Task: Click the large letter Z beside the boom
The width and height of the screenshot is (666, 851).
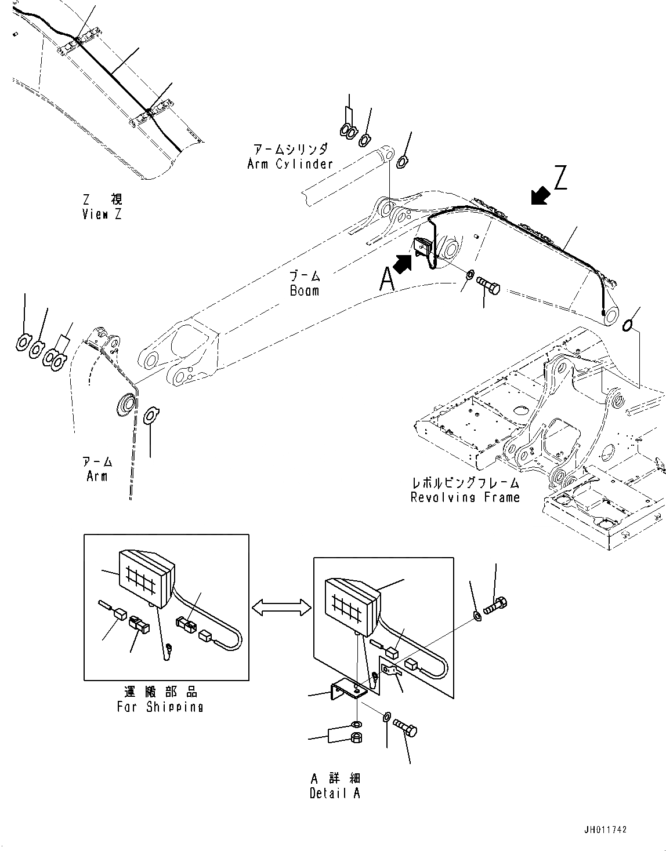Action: [x=559, y=178]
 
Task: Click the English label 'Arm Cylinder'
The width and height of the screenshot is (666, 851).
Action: [x=290, y=164]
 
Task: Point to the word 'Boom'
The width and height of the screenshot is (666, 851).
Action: [x=305, y=290]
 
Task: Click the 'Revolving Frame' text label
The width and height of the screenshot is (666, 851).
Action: [x=465, y=497]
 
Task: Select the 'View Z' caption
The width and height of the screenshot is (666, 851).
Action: [x=103, y=214]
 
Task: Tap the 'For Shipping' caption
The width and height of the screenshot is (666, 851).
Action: [x=160, y=707]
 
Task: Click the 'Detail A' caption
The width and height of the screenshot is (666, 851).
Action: [x=335, y=794]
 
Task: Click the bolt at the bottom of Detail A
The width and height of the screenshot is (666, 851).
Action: [x=406, y=728]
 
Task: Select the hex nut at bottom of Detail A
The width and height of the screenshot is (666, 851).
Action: [x=357, y=737]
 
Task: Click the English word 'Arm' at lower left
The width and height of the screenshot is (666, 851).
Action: [x=97, y=477]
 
